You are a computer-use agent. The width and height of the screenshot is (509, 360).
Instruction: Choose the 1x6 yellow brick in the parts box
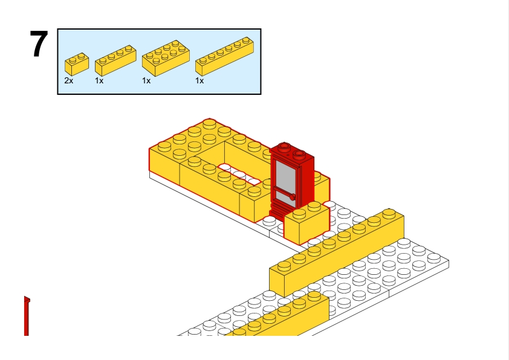pos(224,56)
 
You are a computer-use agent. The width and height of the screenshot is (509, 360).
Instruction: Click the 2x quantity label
pos(69,80)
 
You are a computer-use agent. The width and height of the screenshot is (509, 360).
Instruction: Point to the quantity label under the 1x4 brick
pos(99,80)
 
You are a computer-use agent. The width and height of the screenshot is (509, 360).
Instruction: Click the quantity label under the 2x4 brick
pos(146,80)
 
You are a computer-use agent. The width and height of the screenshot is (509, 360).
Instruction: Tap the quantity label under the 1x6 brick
pos(199,80)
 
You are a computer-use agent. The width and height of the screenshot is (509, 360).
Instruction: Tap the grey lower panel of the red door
pos(283,198)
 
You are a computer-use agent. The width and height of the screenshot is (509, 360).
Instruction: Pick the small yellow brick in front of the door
pos(306,223)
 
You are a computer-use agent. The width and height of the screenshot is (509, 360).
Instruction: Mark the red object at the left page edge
pos(27,315)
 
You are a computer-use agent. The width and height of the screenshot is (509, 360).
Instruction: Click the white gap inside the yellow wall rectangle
pos(238,173)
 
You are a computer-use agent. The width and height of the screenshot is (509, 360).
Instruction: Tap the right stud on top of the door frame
pos(299,154)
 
